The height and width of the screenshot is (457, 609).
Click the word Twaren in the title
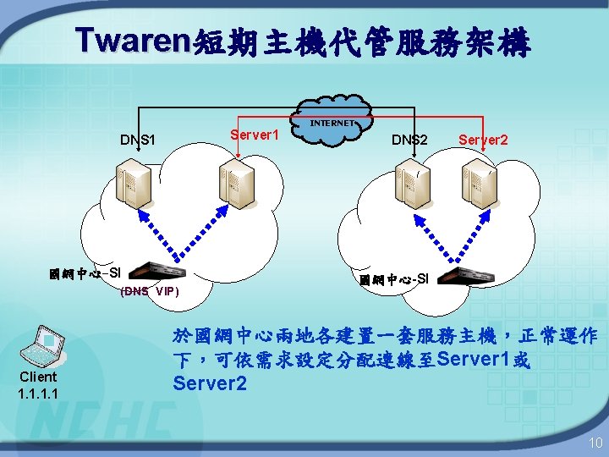134,40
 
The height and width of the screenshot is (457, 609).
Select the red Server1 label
255,135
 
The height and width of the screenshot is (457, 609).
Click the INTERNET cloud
332,128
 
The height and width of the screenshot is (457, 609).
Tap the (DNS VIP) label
150,292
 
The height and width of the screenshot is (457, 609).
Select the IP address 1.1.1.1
38,393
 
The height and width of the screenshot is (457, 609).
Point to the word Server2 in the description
210,384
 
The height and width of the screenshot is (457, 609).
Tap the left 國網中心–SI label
85,273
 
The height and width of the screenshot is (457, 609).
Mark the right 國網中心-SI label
393,278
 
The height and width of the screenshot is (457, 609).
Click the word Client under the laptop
38,377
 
